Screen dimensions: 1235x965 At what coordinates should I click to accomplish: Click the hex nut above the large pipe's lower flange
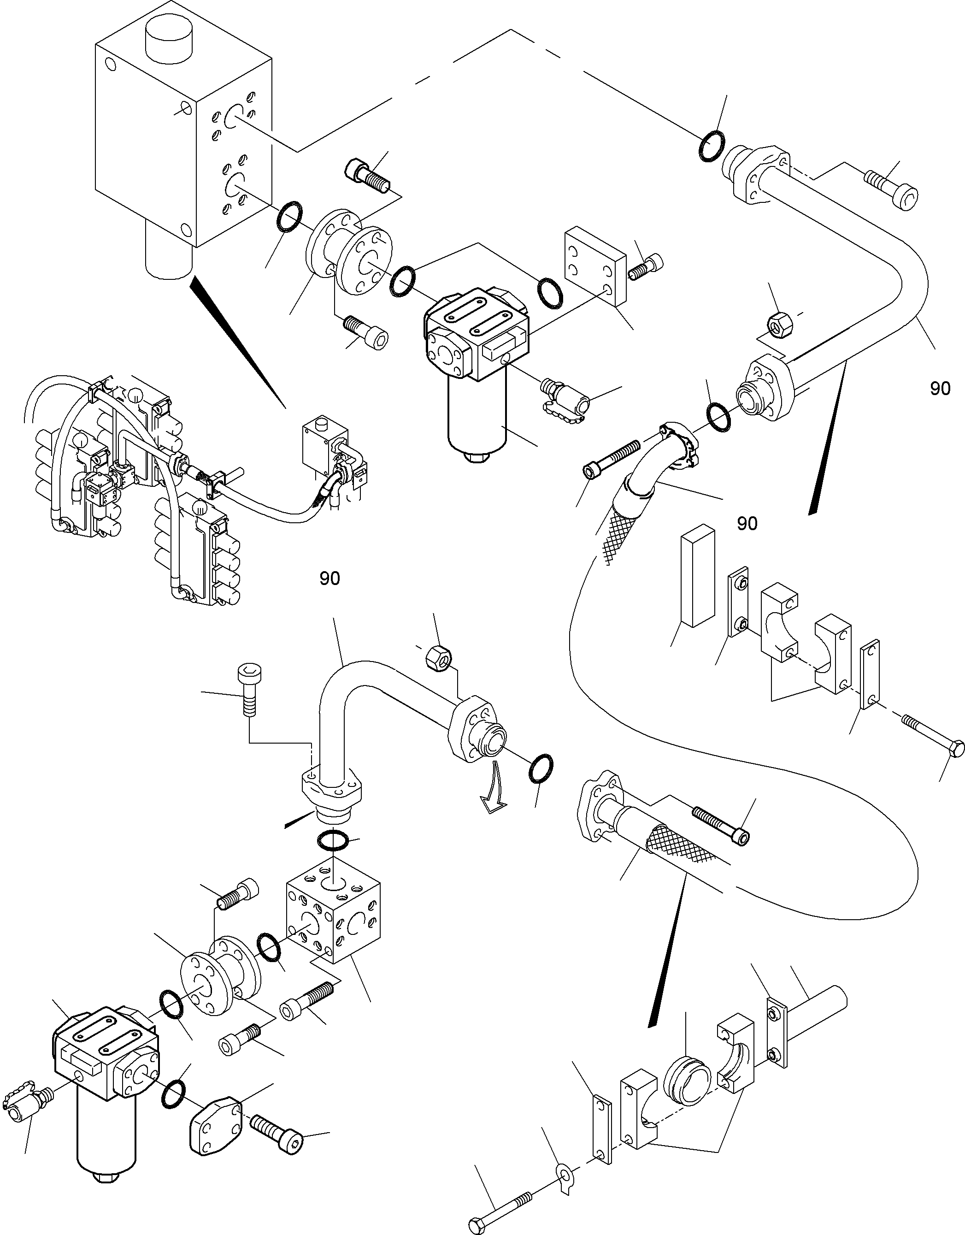point(780,325)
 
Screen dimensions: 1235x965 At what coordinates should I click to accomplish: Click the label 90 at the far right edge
point(940,389)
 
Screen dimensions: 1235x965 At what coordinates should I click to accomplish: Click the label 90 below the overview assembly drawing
point(330,578)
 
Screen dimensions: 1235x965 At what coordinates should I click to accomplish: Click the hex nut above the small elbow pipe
point(438,656)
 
